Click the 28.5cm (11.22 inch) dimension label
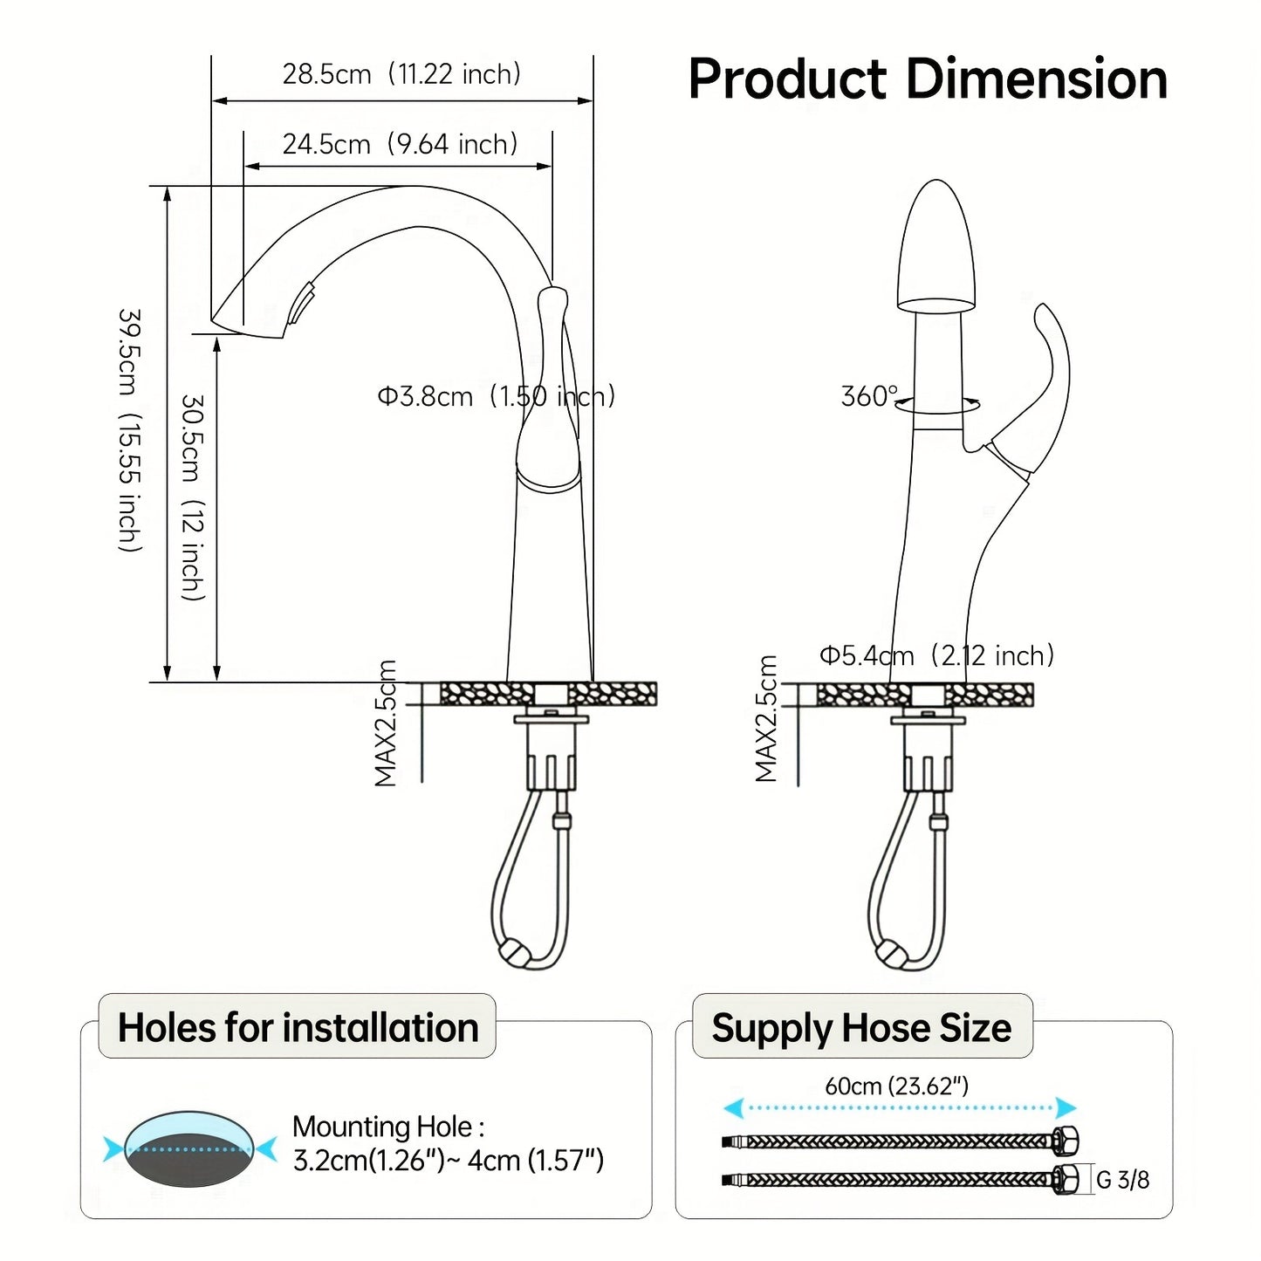pos(401,74)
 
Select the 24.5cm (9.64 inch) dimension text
pos(400,144)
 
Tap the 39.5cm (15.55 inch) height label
pos(130,429)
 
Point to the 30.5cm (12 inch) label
pos(193,497)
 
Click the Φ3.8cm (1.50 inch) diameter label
pos(496,396)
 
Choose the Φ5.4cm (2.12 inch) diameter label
pos(936,655)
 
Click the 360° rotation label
pos(868,396)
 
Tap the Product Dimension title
pos(928,79)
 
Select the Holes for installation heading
pos(298,1027)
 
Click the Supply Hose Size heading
pos(861,1027)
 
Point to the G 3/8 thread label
pos(1122,1180)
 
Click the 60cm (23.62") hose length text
pos(896,1086)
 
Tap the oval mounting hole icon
pos(188,1148)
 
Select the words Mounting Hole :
pos(388,1127)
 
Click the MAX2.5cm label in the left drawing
pos(386,723)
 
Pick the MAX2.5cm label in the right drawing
pos(766,719)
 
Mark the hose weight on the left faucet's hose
pos(513,951)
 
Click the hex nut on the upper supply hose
pos(1066,1141)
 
